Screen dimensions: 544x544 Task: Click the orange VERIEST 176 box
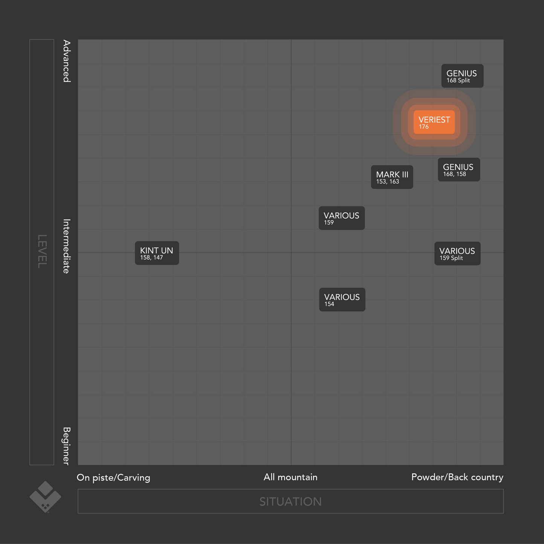(x=434, y=122)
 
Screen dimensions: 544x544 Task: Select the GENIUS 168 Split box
(x=462, y=76)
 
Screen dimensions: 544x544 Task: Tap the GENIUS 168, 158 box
(x=459, y=170)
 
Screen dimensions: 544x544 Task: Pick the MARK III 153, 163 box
(x=392, y=177)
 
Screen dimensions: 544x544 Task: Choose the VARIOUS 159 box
(x=341, y=218)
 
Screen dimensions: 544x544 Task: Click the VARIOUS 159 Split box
(x=457, y=254)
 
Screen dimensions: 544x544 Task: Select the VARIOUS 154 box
(x=342, y=300)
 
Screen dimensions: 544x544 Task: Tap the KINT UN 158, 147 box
(x=157, y=253)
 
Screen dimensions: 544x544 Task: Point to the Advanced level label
(x=67, y=61)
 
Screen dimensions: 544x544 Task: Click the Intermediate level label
(x=67, y=246)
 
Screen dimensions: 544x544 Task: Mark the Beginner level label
(x=67, y=446)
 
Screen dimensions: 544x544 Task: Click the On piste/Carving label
(x=113, y=478)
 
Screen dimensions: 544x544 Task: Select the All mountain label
(x=290, y=477)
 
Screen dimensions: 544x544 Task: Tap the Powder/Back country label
(x=457, y=477)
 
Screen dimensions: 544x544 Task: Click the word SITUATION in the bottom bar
(x=290, y=501)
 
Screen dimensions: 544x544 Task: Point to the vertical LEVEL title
(x=42, y=251)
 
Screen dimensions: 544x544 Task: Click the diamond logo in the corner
(x=45, y=497)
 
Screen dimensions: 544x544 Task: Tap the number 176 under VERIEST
(x=424, y=127)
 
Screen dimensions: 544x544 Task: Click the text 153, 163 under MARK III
(x=387, y=182)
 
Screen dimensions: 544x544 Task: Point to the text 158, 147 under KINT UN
(x=151, y=258)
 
